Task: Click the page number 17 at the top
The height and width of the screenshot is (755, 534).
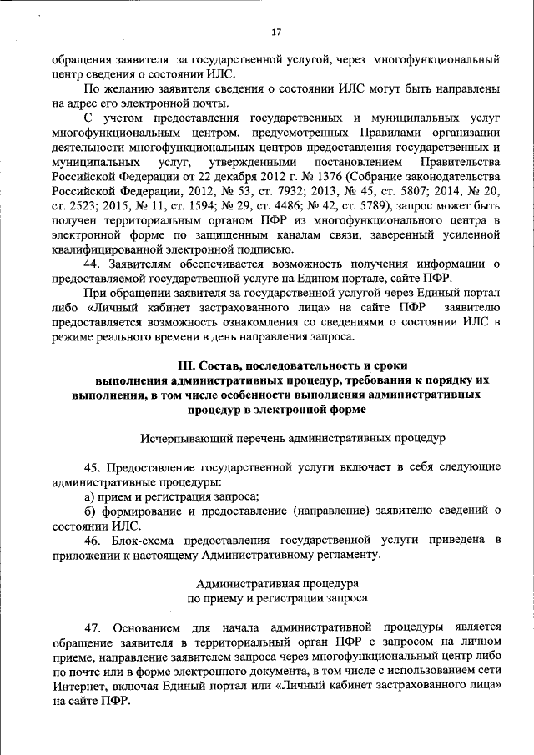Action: pyautogui.click(x=276, y=33)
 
